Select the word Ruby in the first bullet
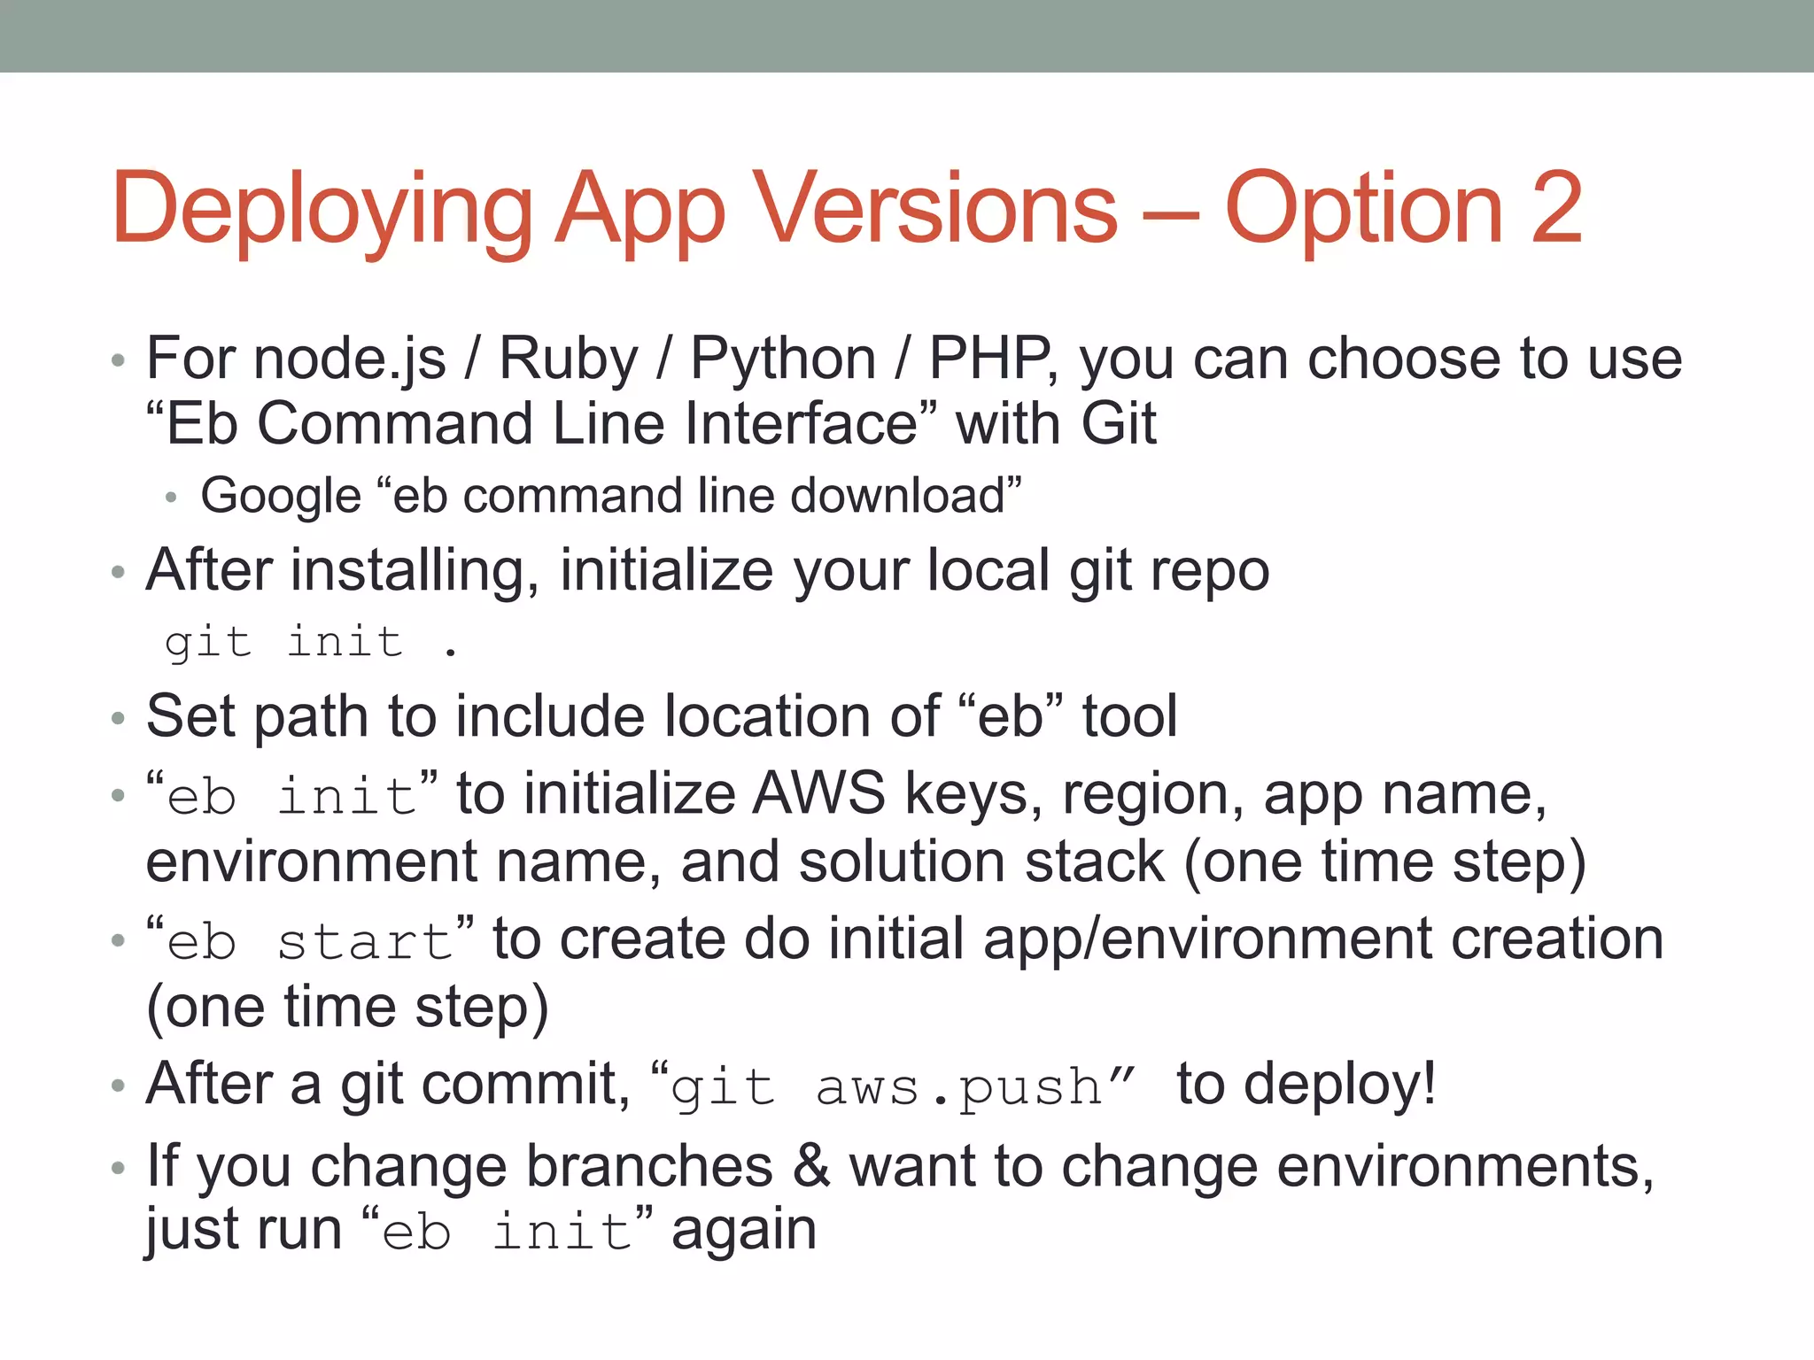point(568,359)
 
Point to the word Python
point(783,359)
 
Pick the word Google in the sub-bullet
point(281,496)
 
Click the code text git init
point(283,642)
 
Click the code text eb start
point(310,940)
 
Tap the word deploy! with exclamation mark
point(1339,1085)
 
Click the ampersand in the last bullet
point(811,1165)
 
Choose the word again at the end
point(744,1231)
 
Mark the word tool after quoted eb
point(1129,715)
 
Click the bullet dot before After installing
point(119,573)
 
